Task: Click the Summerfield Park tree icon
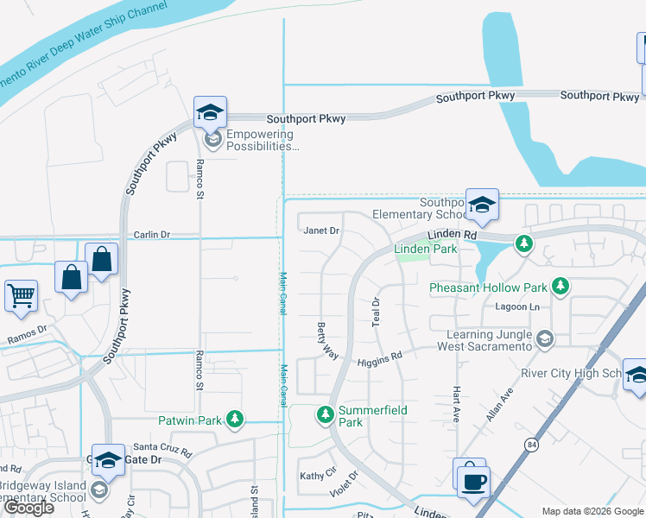pyautogui.click(x=326, y=416)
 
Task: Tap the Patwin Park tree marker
pyautogui.click(x=233, y=420)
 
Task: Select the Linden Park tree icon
pyautogui.click(x=523, y=243)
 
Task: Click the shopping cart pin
pyautogui.click(x=21, y=296)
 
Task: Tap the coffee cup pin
pyautogui.click(x=473, y=481)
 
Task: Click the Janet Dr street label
pyautogui.click(x=322, y=231)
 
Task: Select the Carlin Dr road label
pyautogui.click(x=152, y=234)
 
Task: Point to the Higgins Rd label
pyautogui.click(x=380, y=355)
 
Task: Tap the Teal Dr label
pyautogui.click(x=376, y=312)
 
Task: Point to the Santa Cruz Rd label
pyautogui.click(x=162, y=448)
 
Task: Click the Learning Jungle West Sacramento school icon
pyautogui.click(x=543, y=339)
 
